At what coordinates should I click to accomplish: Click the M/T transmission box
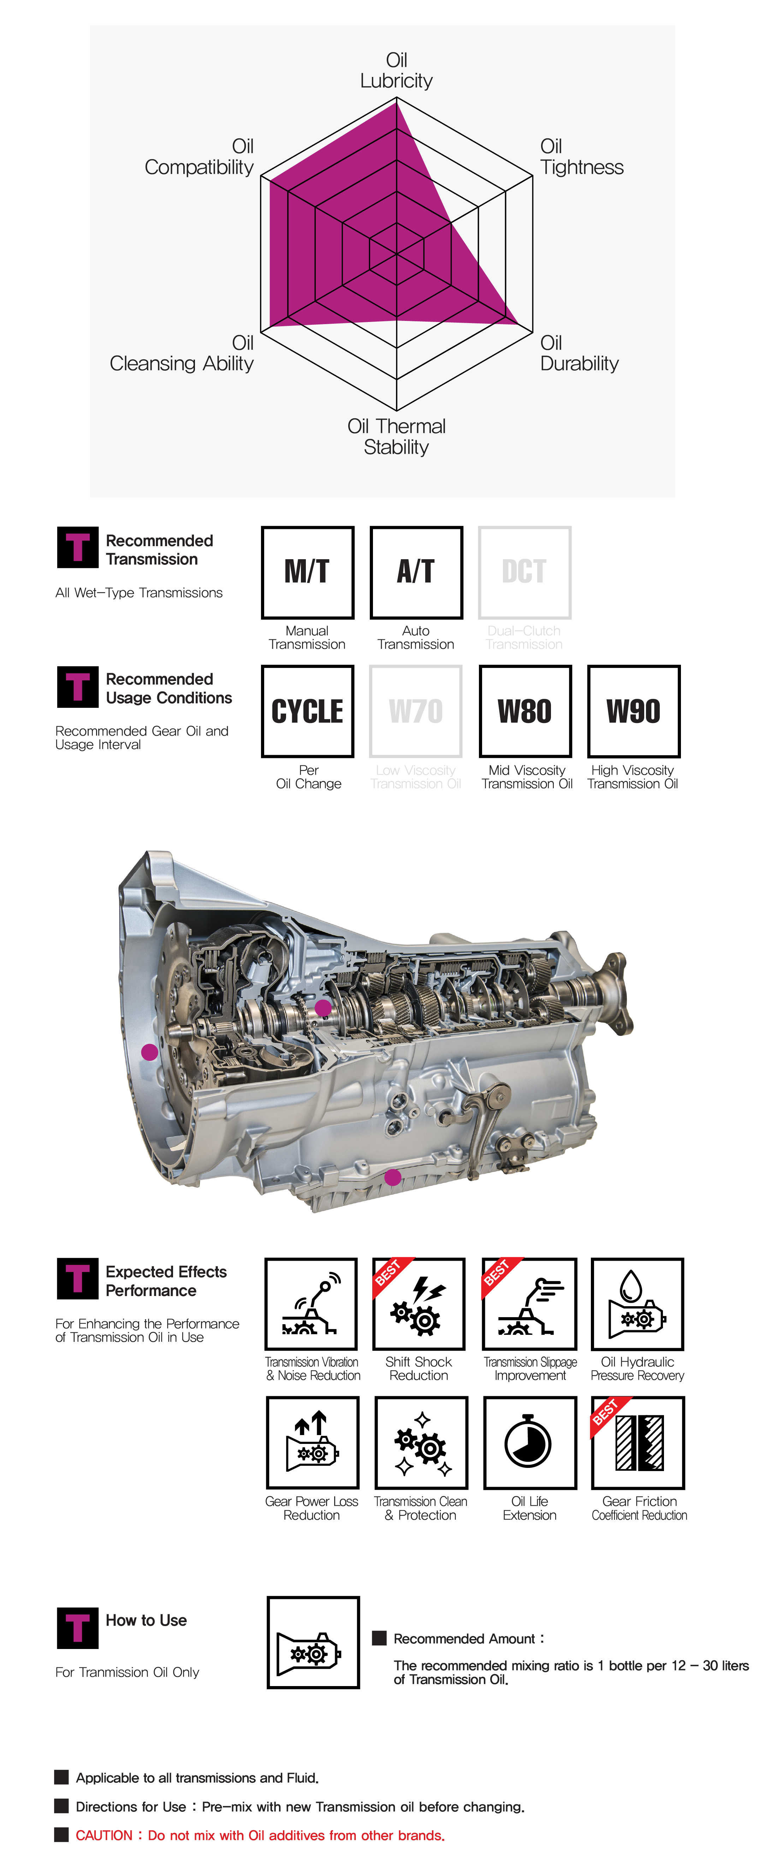tap(308, 572)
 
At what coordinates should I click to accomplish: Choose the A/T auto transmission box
tap(416, 572)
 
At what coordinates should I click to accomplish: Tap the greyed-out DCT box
tap(524, 572)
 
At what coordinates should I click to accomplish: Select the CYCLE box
tap(308, 711)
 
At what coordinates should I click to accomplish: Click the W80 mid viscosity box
tap(524, 711)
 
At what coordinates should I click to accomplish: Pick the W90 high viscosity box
tap(633, 711)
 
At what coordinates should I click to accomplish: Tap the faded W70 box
tap(416, 711)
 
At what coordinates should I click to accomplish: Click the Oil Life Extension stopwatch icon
tap(530, 1442)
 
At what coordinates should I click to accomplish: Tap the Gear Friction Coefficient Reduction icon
tap(638, 1442)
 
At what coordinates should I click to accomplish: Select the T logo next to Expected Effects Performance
tap(77, 1279)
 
